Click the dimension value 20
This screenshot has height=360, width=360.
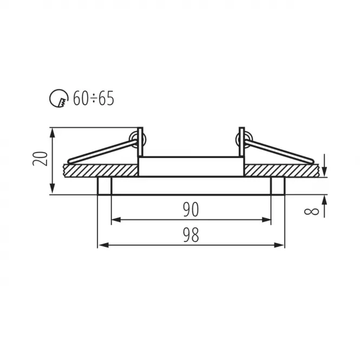tap(40, 159)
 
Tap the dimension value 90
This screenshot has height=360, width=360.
tap(191, 210)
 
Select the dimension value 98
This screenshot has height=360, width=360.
tap(191, 235)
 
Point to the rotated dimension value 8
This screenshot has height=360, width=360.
tap(311, 211)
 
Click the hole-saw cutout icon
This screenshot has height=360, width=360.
tap(59, 99)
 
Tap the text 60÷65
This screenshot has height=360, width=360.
tap(94, 99)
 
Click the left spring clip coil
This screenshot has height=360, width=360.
tap(138, 140)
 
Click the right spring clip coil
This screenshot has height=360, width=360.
tap(244, 140)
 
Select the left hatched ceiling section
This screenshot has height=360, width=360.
tap(101, 171)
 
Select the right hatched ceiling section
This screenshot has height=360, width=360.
tap(282, 171)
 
